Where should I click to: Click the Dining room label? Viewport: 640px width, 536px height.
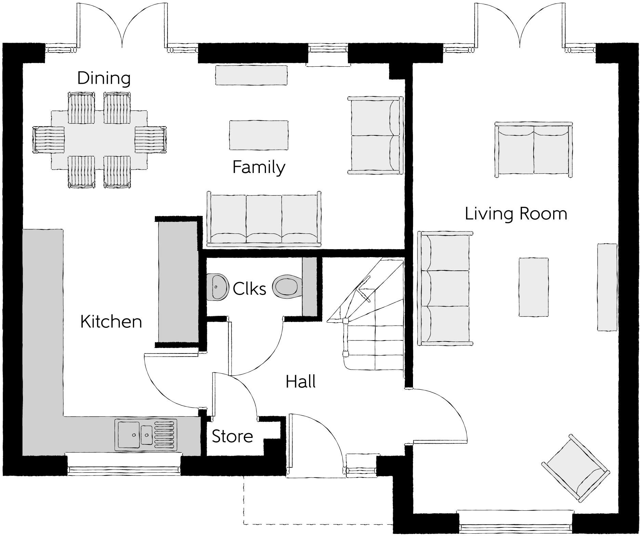click(104, 78)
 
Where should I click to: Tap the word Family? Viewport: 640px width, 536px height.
click(259, 167)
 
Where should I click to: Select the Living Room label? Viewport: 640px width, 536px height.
click(516, 214)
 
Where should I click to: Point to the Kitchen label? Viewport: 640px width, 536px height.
click(111, 322)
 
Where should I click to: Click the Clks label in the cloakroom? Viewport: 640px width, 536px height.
click(249, 289)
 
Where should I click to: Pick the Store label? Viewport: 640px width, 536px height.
click(232, 437)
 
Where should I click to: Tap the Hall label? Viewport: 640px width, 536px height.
click(301, 381)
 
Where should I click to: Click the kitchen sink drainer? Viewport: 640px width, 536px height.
click(165, 434)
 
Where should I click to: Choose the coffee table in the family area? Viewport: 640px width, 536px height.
click(258, 135)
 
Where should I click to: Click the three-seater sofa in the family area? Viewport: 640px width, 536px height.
click(264, 219)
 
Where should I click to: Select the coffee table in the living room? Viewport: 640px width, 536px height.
click(534, 287)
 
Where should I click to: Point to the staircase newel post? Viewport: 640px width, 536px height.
click(345, 321)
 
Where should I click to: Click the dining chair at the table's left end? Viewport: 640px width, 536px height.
click(49, 139)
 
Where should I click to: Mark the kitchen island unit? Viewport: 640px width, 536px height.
click(178, 282)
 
